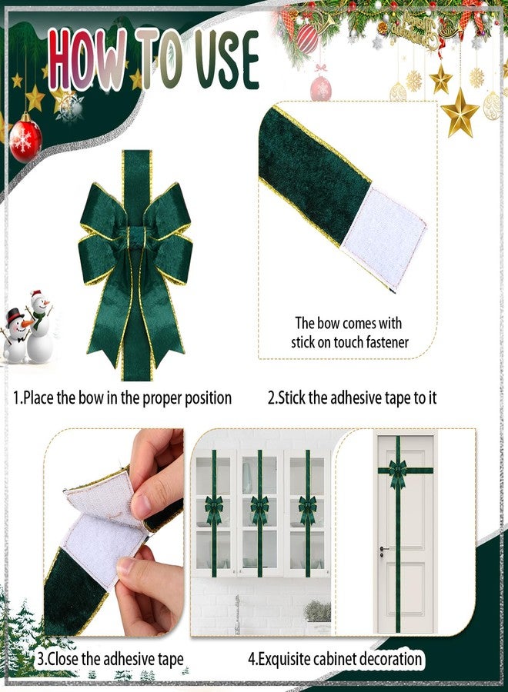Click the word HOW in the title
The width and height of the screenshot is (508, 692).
pos(87,59)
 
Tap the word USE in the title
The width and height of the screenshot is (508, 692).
pos(226,59)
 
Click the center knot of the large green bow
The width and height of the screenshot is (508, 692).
pos(136,238)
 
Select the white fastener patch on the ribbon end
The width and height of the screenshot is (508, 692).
pos(384,238)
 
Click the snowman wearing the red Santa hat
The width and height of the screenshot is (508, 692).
pos(41,327)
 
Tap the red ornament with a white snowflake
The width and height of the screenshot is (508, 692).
pos(25,138)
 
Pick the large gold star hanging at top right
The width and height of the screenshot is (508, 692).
pos(460,113)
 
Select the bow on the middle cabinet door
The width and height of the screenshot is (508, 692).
pos(259,510)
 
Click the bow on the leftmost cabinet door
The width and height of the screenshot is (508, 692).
pos(213,510)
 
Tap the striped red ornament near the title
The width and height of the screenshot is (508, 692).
pos(307,39)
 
